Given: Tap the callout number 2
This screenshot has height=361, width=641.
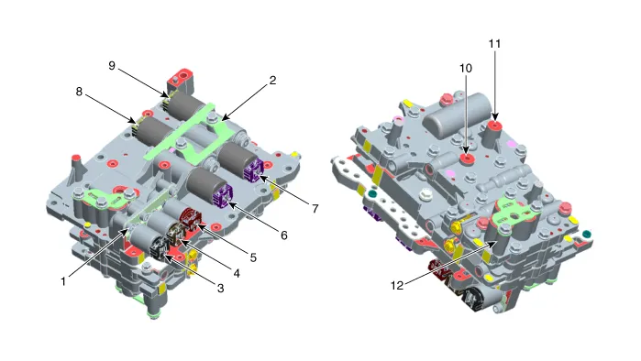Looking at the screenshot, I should [271, 81].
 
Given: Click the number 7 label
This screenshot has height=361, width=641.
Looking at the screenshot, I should [315, 209].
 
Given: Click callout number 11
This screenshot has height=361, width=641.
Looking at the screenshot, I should [495, 42].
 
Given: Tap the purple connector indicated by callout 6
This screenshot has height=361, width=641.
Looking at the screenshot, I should [222, 196].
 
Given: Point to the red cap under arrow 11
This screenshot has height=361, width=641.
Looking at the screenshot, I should [496, 125].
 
